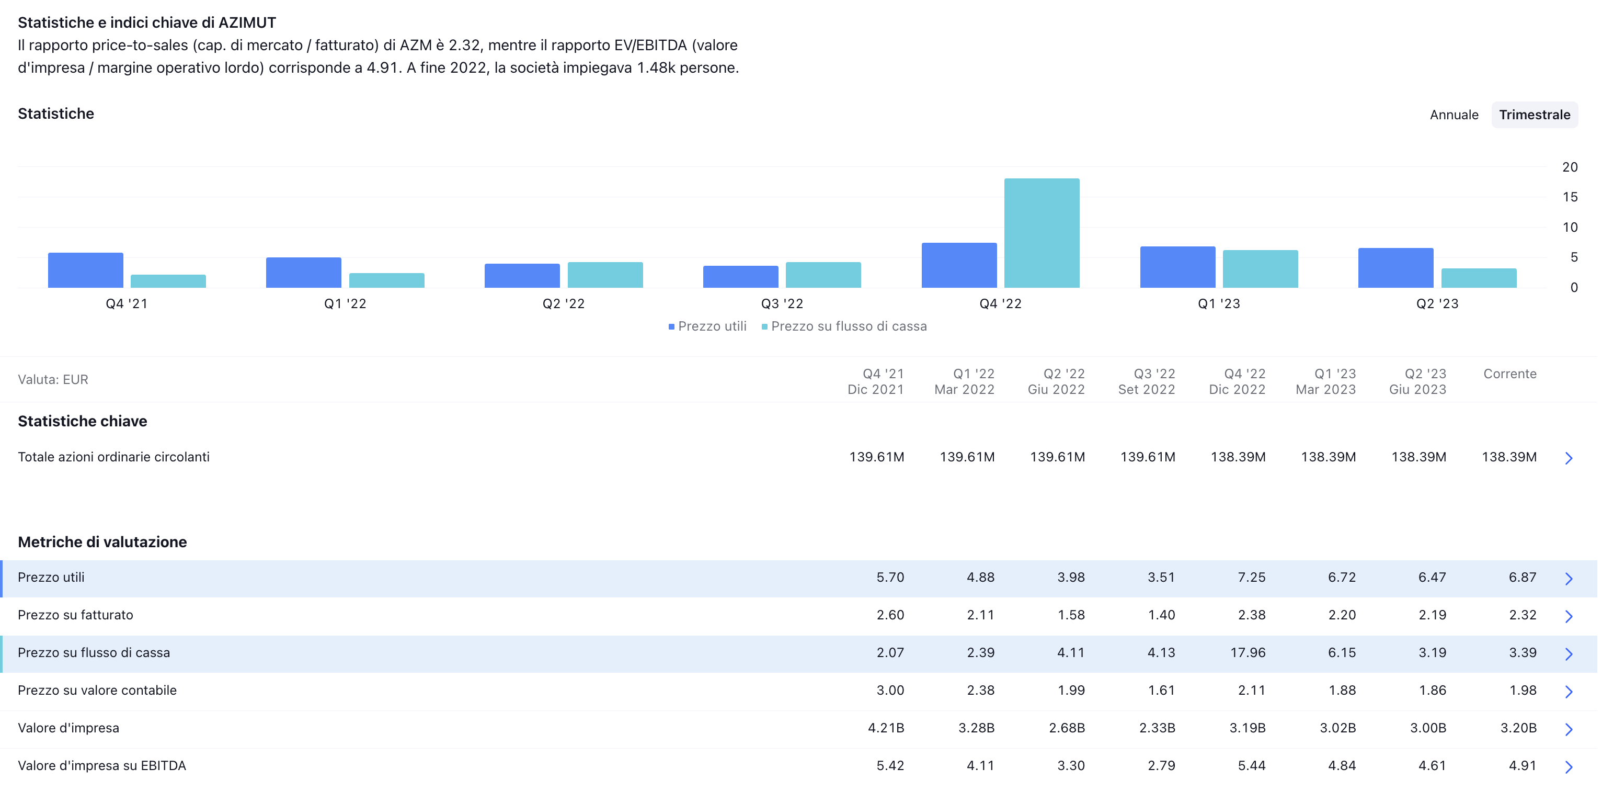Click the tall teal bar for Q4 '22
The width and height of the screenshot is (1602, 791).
pos(1042,233)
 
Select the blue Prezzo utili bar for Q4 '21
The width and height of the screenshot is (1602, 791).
pos(85,270)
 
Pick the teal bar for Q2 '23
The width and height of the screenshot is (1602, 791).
pos(1479,278)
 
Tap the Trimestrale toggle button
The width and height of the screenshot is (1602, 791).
pos(1534,115)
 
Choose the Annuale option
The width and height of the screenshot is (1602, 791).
pos(1454,115)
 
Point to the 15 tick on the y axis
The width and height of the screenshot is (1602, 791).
pos(1570,197)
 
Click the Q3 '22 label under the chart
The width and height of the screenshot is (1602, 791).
pos(782,304)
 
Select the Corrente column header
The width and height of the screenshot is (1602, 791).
pos(1509,374)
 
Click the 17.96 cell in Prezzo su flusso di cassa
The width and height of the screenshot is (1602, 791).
pos(1247,653)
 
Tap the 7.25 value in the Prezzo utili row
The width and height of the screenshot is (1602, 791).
pos(1251,578)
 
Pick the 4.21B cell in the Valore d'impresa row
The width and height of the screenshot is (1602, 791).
pos(886,728)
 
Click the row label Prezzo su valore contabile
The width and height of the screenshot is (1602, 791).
pos(97,690)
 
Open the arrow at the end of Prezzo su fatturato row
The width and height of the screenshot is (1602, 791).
pos(1569,616)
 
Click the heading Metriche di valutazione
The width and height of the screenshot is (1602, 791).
pos(102,542)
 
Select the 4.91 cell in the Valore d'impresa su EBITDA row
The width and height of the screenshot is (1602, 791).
pos(1522,765)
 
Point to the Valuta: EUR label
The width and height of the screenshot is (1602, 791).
pos(53,380)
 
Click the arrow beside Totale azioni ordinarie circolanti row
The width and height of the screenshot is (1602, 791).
pos(1569,458)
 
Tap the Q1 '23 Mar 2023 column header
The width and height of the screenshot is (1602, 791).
pos(1325,381)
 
